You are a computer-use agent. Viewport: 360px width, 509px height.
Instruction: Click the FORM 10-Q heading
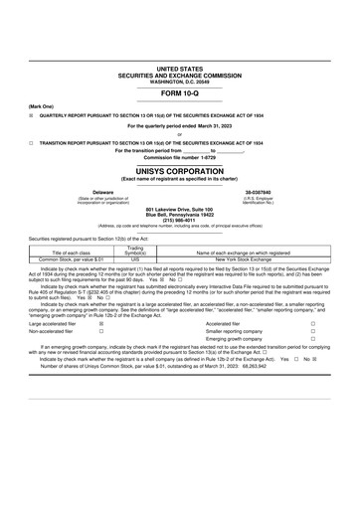click(179, 92)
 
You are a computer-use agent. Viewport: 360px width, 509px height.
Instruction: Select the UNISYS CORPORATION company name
click(179, 171)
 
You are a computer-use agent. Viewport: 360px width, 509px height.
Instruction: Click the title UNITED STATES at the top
click(179, 68)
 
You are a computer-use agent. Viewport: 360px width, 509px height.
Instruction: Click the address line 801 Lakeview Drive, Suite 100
click(179, 207)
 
